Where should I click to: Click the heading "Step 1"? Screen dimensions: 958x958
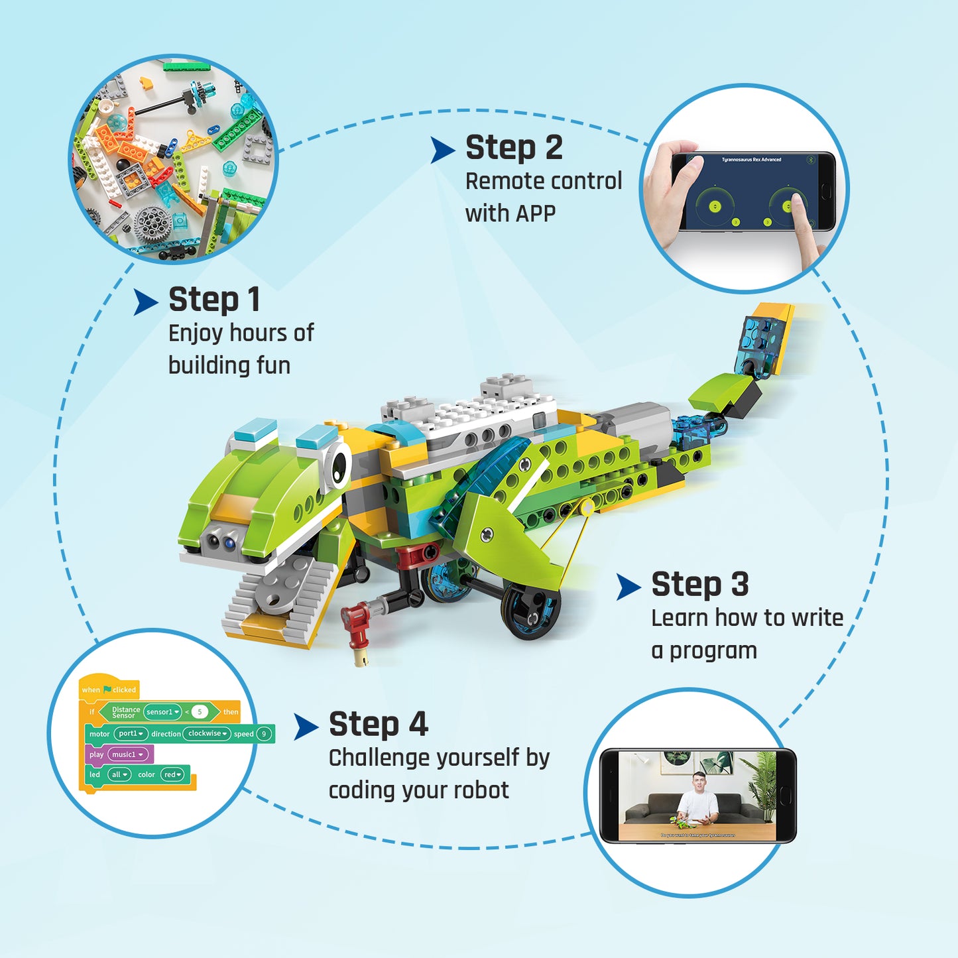tap(214, 300)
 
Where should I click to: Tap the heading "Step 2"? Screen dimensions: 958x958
tap(514, 148)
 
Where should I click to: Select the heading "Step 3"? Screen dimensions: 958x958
tap(700, 585)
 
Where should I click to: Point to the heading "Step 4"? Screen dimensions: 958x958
tap(379, 724)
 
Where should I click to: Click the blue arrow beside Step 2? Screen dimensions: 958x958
tap(442, 150)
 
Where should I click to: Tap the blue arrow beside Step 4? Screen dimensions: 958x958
tap(306, 727)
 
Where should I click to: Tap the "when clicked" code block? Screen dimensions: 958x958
tap(109, 689)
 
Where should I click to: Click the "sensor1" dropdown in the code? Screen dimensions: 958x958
tap(162, 712)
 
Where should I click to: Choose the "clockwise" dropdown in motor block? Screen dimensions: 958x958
tap(207, 734)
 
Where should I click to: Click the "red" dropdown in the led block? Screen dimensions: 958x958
tap(172, 774)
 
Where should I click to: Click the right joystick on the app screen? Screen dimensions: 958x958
tap(787, 206)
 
